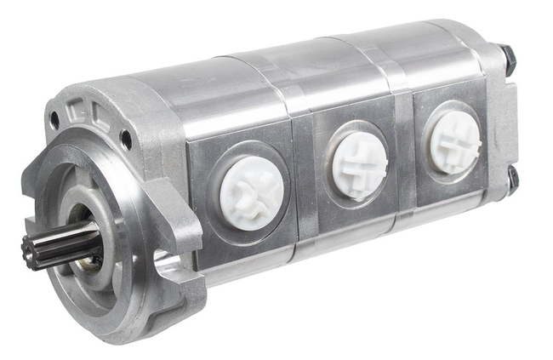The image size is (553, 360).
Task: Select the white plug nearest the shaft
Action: click(x=252, y=192)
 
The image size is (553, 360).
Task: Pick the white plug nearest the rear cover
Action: click(x=455, y=140)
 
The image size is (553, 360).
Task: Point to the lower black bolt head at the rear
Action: click(x=513, y=178)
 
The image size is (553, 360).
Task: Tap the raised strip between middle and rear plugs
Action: click(x=407, y=153)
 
